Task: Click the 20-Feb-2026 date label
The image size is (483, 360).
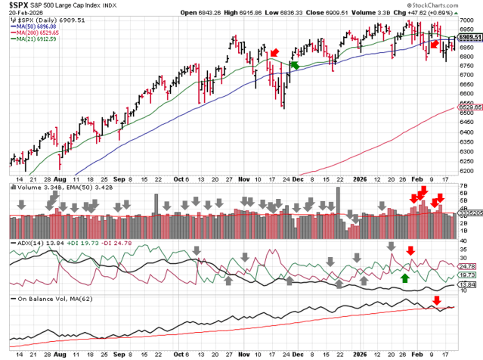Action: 21,14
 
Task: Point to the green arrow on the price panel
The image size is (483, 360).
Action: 294,66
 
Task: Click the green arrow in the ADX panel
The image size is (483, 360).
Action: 405,278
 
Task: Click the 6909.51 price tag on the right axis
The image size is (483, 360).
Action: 469,36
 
